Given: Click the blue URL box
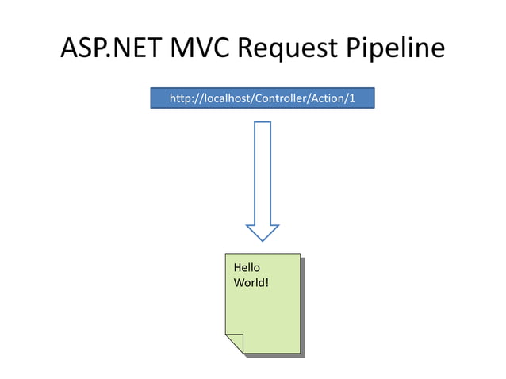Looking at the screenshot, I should [x=263, y=98].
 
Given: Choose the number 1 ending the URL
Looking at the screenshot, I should [x=358, y=98].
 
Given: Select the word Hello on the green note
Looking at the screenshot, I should [x=246, y=268].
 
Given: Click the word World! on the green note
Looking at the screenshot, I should [x=251, y=282].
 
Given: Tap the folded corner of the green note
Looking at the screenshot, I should [x=233, y=343].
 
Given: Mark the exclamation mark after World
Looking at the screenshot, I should [x=266, y=282].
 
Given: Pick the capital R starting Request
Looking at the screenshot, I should [x=249, y=49].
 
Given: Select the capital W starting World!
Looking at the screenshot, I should [x=239, y=282].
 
